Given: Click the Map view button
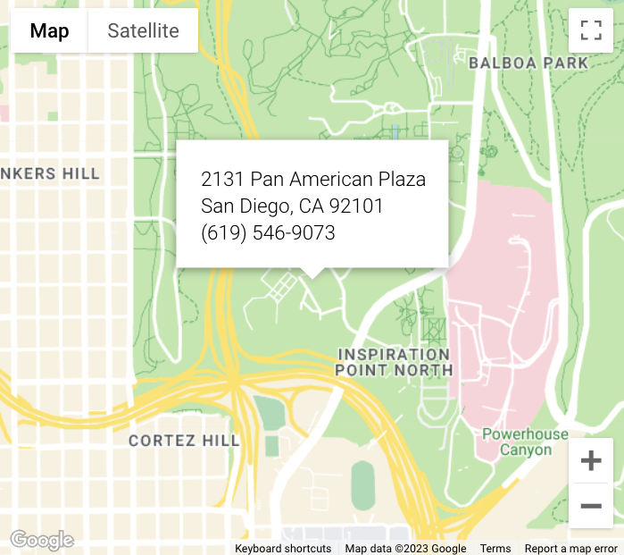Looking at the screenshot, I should click(x=49, y=31).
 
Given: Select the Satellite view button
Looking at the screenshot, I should click(x=143, y=31).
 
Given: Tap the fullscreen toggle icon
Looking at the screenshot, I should click(x=590, y=30).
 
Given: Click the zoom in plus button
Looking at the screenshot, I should click(x=590, y=461).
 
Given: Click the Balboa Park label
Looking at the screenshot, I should click(x=528, y=63).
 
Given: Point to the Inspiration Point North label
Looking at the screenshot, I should click(x=394, y=362).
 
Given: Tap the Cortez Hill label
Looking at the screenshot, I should click(x=184, y=441).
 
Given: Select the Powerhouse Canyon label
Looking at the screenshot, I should click(x=525, y=442).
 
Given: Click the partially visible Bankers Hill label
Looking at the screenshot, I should click(x=50, y=173).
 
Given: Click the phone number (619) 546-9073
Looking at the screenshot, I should click(x=268, y=233).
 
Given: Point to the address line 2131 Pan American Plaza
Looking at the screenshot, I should click(x=312, y=180).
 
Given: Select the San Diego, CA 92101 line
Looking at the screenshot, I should click(x=292, y=206).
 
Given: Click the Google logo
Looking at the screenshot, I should click(x=42, y=540).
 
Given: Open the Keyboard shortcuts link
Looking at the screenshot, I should click(x=283, y=549).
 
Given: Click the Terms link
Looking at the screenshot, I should click(x=495, y=549).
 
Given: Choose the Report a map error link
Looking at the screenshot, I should click(x=570, y=549).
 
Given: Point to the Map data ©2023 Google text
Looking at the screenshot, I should click(x=405, y=549).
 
